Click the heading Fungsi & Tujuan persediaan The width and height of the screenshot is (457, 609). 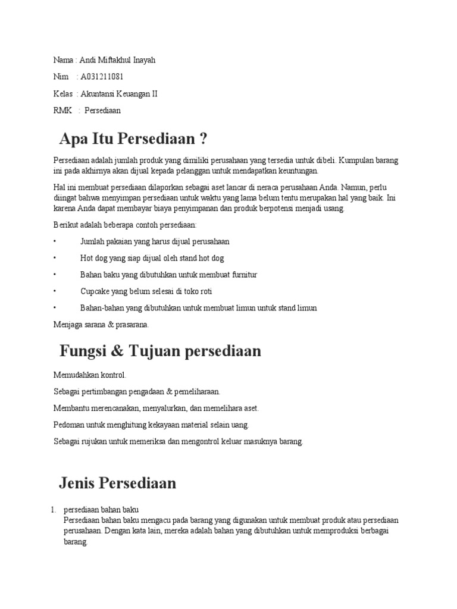point(160,351)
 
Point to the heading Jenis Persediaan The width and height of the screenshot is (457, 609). point(118,482)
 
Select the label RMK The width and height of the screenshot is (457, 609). point(62,110)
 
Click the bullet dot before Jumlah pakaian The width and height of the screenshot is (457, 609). point(54,241)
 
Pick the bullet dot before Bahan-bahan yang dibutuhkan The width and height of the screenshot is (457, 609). point(54,308)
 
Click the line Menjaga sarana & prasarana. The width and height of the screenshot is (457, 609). point(101,325)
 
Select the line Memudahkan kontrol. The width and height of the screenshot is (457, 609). point(90,375)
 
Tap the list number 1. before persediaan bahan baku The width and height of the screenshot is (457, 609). point(53,510)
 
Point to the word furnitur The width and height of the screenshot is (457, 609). point(242,275)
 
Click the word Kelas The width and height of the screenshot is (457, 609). point(62,93)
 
